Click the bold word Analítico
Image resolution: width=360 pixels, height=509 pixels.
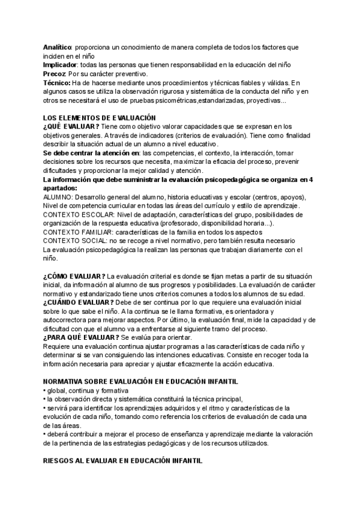pyautogui.click(x=57, y=47)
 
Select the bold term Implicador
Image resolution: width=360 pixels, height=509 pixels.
pyautogui.click(x=59, y=64)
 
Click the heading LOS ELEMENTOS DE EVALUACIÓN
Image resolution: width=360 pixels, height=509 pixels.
pyautogui.click(x=99, y=118)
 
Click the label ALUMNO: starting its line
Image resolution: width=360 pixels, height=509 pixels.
pyautogui.click(x=58, y=197)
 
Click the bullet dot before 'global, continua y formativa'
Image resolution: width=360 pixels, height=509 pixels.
pyautogui.click(x=44, y=390)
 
